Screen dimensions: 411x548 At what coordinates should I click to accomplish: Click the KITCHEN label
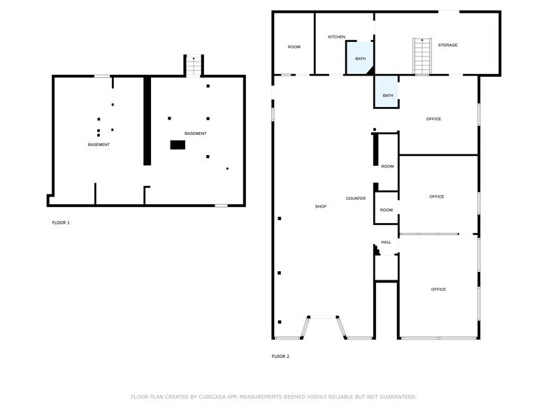point(337,36)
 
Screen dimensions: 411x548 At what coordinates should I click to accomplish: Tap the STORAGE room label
point(447,45)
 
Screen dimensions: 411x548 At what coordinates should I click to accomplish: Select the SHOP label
point(321,206)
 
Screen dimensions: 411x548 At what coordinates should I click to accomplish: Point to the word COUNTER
point(356,199)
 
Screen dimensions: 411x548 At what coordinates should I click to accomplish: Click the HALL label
point(386,242)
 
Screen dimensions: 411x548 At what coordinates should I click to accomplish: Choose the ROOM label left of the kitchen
point(294,47)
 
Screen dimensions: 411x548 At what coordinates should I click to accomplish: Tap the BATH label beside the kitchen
point(360,59)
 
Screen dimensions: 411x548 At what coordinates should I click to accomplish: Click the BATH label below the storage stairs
point(387,96)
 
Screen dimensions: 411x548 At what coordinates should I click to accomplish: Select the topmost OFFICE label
point(433,119)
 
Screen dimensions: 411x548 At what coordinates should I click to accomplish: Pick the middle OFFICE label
point(436,196)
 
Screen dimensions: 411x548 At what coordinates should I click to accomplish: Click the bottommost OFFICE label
point(438,289)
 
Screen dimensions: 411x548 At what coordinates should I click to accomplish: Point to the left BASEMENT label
point(99,145)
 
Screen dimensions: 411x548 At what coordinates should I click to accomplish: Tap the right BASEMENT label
point(195,134)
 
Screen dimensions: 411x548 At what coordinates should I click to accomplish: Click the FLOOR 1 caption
point(61,222)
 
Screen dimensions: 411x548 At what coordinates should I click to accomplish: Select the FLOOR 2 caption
point(280,356)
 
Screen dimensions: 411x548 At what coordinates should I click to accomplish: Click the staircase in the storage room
point(421,56)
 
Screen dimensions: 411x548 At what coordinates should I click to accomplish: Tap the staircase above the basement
point(194,66)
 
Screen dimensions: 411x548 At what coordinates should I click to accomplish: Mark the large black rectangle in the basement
point(178,145)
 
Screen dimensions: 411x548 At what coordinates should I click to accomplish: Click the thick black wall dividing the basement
point(147,120)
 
